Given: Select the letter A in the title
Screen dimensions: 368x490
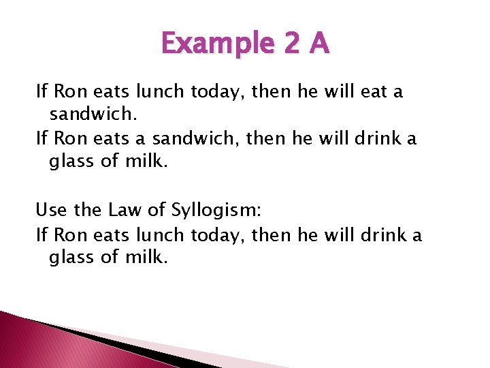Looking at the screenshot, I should point(318,44).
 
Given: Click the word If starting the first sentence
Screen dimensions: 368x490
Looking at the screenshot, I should point(41,91).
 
